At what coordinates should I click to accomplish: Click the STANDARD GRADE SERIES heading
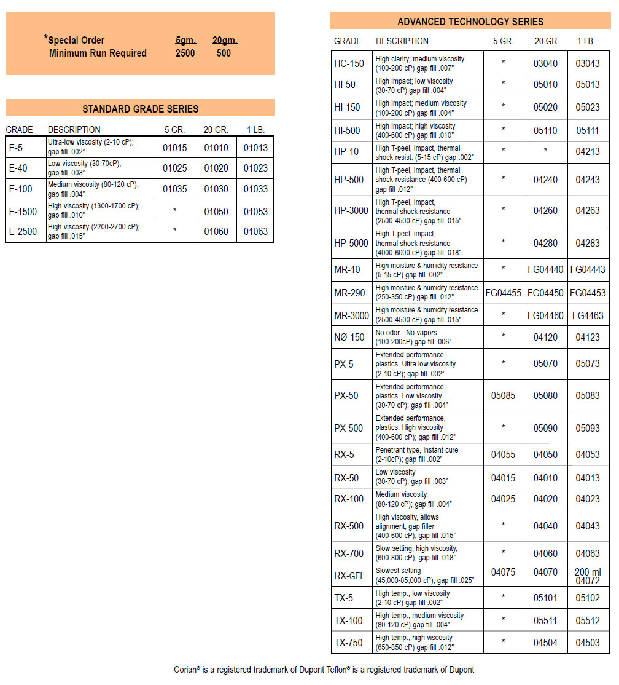(x=140, y=109)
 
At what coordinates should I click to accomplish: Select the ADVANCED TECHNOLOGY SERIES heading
(x=470, y=22)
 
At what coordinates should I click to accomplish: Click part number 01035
(x=175, y=189)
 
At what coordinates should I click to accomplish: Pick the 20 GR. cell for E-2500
(x=216, y=232)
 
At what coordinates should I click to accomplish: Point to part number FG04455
(x=504, y=293)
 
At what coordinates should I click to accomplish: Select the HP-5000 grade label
(x=351, y=243)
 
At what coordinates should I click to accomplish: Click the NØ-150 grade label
(x=349, y=337)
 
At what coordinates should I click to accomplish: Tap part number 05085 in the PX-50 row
(x=504, y=395)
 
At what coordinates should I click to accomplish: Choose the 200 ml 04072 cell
(x=588, y=576)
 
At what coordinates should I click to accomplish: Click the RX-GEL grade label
(x=349, y=576)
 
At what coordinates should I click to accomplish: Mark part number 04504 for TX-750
(x=545, y=643)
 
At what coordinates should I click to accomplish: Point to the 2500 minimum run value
(x=185, y=53)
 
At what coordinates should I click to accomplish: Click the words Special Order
(x=77, y=41)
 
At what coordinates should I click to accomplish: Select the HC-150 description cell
(x=428, y=64)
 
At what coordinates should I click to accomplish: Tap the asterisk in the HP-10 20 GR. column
(x=545, y=151)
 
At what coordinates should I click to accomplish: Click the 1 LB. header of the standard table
(x=255, y=130)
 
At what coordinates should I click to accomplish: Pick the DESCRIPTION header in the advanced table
(x=402, y=41)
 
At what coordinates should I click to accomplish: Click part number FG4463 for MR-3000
(x=588, y=315)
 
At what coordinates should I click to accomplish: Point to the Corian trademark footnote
(x=324, y=670)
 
